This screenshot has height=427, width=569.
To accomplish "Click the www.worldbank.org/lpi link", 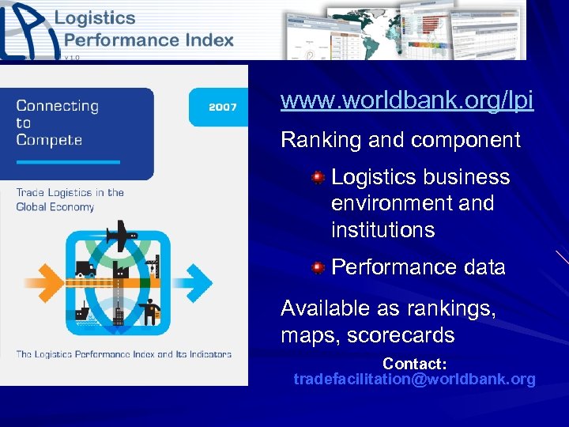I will point(407,101).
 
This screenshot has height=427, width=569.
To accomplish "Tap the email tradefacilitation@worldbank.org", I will point(414,380).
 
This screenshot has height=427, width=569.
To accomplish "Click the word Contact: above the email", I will point(415,364).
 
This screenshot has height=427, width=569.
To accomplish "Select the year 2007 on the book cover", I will point(222,107).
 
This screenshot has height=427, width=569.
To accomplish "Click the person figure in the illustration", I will point(150,309).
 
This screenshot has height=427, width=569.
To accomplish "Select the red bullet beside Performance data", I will point(318,268).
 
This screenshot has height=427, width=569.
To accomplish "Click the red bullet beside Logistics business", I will point(318,177).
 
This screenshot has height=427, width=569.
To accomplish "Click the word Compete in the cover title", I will point(48,140).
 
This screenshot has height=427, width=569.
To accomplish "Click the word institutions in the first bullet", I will point(382,230).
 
